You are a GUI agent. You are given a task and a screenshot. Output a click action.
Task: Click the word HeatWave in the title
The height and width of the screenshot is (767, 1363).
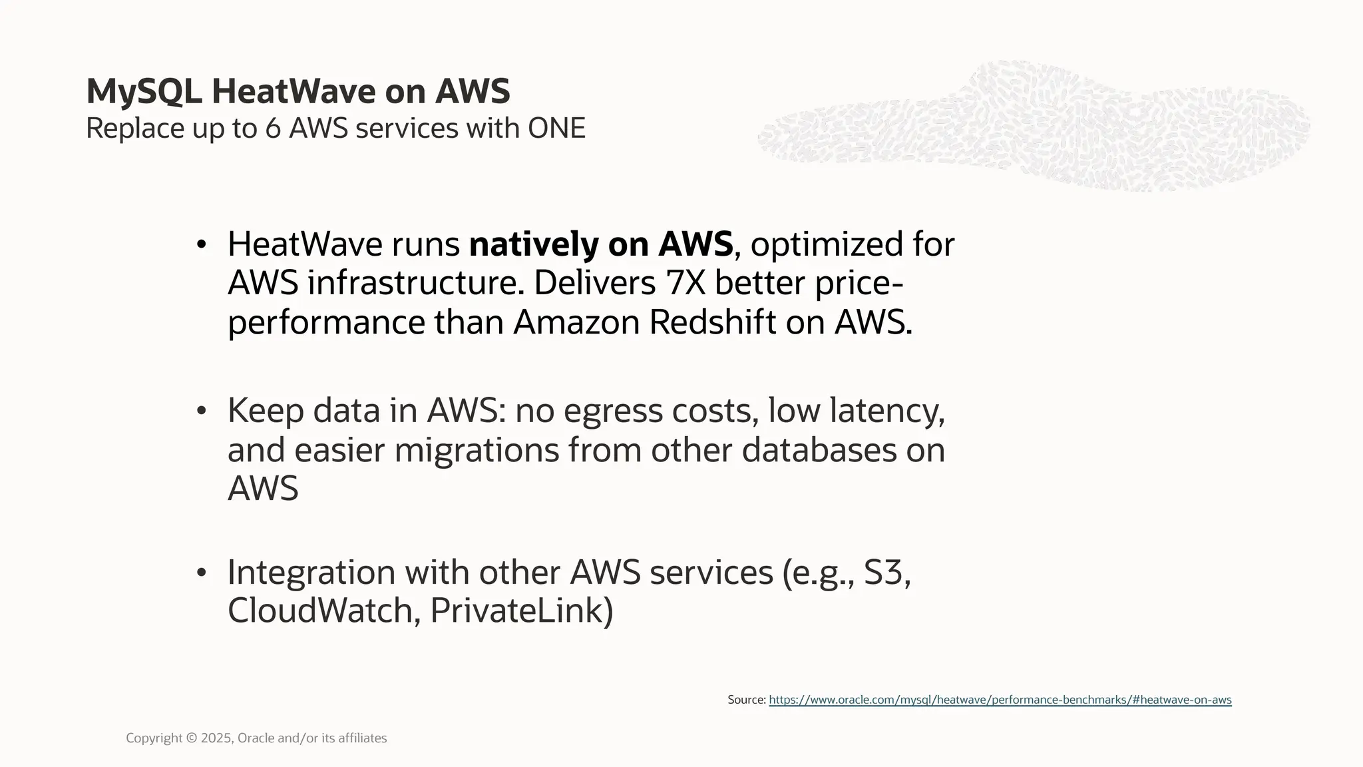pyautogui.click(x=293, y=92)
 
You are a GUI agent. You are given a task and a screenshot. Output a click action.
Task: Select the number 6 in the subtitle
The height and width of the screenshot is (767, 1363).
pyautogui.click(x=273, y=128)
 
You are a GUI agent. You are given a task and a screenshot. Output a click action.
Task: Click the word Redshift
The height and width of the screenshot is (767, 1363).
pyautogui.click(x=712, y=323)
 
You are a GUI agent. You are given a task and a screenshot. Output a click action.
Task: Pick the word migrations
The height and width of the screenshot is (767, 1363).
pyautogui.click(x=476, y=450)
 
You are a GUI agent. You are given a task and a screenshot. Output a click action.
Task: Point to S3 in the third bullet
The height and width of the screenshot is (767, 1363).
pyautogui.click(x=886, y=572)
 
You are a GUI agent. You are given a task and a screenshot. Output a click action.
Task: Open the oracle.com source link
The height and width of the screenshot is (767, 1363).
pyautogui.click(x=1000, y=700)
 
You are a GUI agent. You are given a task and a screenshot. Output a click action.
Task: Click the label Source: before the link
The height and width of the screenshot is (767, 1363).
pyautogui.click(x=747, y=700)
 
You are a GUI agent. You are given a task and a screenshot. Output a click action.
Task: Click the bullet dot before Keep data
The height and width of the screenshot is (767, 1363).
pyautogui.click(x=202, y=411)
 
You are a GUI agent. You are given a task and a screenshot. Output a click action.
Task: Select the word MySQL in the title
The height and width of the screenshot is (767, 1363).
pyautogui.click(x=144, y=92)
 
